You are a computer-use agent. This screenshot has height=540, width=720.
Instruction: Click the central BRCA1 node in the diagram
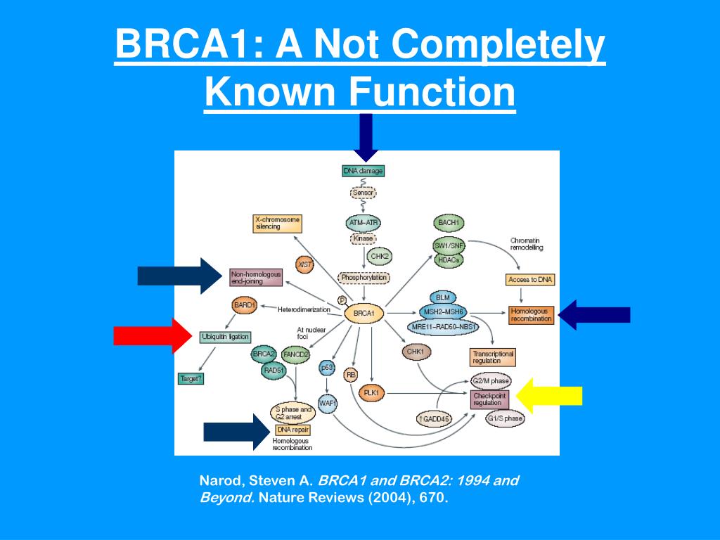[x=363, y=312]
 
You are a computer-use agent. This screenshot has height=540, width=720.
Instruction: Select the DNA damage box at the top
[x=363, y=171]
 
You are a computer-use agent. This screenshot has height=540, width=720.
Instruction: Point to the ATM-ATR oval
[x=364, y=222]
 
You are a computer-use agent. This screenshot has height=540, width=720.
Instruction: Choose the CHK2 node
[x=380, y=256]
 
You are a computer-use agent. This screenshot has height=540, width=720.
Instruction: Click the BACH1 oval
[x=449, y=223]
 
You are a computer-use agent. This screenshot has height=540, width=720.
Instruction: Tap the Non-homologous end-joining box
[x=256, y=277]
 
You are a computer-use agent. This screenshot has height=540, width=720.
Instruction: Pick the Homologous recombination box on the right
[x=532, y=314]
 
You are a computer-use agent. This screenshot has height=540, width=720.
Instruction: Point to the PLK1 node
[x=372, y=392]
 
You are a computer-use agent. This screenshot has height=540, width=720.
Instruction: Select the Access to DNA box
[x=530, y=280]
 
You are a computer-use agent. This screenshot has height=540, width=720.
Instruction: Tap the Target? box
[x=191, y=379]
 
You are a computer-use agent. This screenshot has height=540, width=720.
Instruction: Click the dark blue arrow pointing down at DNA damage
[x=366, y=137]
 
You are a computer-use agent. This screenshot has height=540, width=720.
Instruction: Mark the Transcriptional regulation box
[x=492, y=356]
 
